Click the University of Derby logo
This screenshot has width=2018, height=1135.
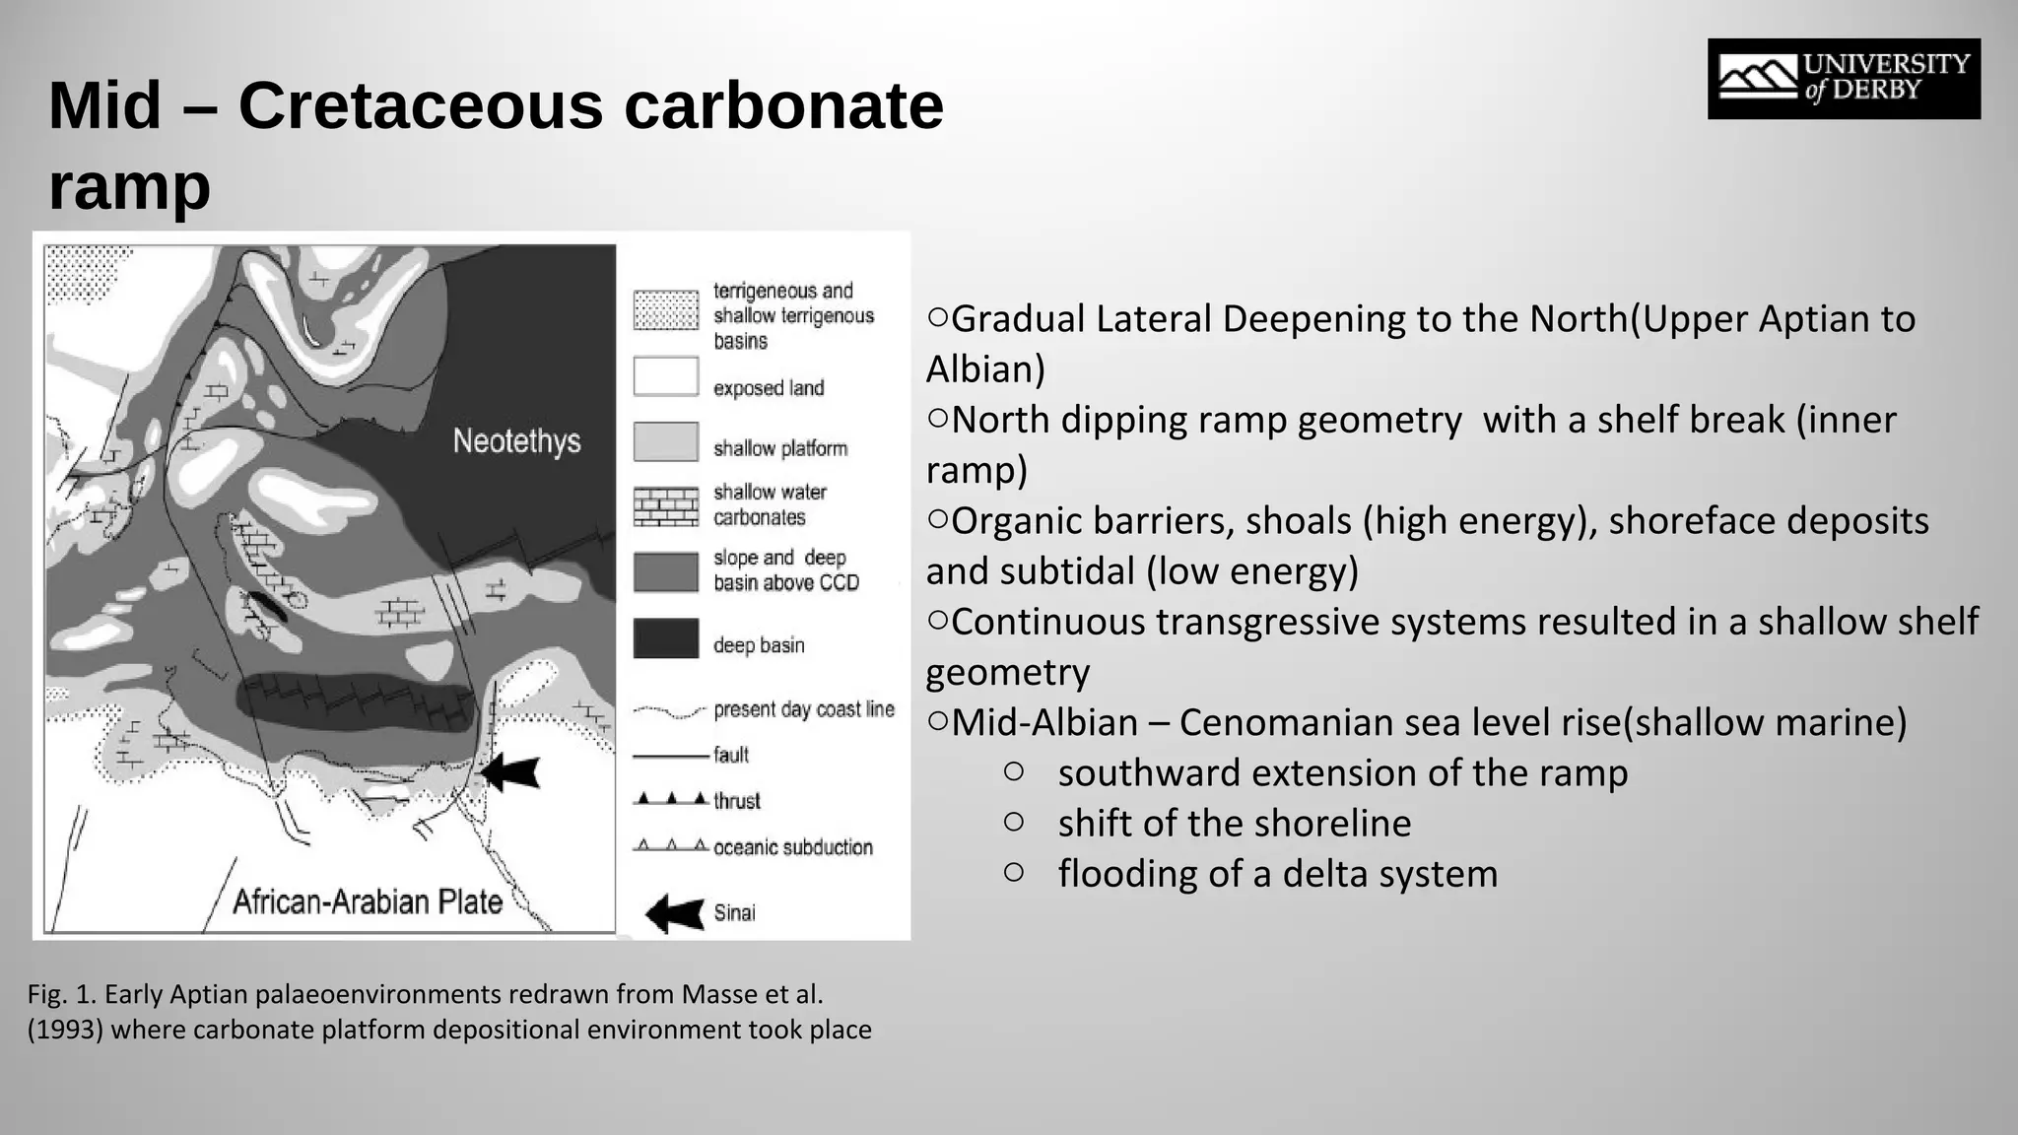(x=1844, y=79)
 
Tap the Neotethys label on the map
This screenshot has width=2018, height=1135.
(x=516, y=440)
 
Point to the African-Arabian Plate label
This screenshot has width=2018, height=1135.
(x=368, y=901)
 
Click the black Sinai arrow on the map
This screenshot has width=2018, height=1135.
(x=510, y=771)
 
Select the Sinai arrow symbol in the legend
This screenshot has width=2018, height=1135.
(x=675, y=913)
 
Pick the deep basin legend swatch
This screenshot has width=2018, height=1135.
(x=666, y=638)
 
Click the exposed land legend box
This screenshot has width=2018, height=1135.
(x=666, y=376)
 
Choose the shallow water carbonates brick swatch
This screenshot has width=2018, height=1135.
(x=666, y=506)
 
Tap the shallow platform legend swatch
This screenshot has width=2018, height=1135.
(x=666, y=442)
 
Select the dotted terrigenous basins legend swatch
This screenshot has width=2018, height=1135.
(x=666, y=310)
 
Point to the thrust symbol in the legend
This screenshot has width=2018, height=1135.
(x=671, y=799)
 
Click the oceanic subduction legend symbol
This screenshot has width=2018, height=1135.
(x=671, y=846)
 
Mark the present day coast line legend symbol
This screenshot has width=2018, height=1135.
(x=669, y=710)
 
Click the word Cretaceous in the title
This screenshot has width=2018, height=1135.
(x=420, y=105)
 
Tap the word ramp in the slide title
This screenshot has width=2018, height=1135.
(x=129, y=186)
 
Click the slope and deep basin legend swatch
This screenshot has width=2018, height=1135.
(x=666, y=571)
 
